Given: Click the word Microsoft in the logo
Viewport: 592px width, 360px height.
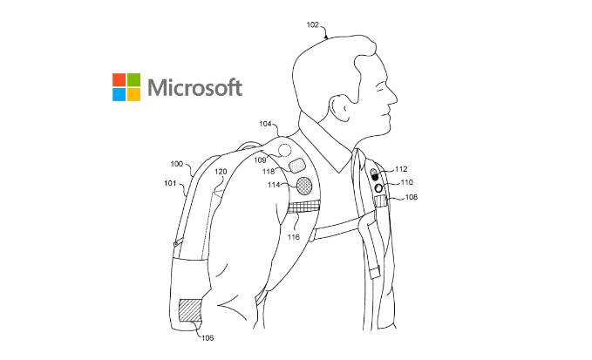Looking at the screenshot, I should pyautogui.click(x=194, y=87).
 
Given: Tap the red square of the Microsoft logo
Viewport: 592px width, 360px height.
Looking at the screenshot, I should pyautogui.click(x=119, y=79).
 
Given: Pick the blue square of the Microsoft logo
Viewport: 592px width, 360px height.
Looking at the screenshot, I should pyautogui.click(x=119, y=93).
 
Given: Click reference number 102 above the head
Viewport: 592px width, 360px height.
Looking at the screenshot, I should pyautogui.click(x=313, y=25).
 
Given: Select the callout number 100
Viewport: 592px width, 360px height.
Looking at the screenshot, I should pyautogui.click(x=177, y=163).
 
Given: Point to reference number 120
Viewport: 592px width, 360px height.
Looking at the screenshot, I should pyautogui.click(x=221, y=172).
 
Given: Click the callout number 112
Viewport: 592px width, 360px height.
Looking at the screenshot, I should pyautogui.click(x=401, y=169).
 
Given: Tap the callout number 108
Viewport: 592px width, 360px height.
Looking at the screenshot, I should pyautogui.click(x=411, y=198).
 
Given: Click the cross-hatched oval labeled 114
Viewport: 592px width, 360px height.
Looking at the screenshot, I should pyautogui.click(x=306, y=185).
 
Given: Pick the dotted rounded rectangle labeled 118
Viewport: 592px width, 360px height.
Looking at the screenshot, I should pyautogui.click(x=297, y=165).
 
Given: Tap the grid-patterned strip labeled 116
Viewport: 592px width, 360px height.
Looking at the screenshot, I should pyautogui.click(x=304, y=207).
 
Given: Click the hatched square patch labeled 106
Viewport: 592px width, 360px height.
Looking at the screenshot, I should pyautogui.click(x=189, y=310).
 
